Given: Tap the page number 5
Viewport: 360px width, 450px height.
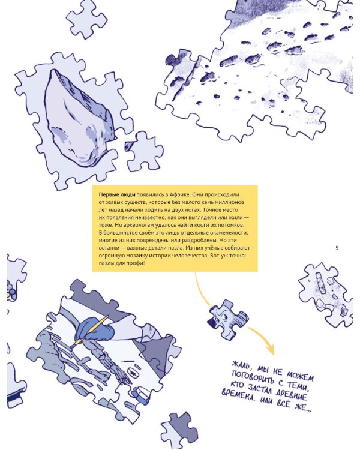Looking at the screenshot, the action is pyautogui.click(x=337, y=248).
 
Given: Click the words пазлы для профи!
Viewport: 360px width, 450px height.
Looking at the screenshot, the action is pyautogui.click(x=122, y=263).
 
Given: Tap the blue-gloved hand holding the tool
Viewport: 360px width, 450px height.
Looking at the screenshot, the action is pyautogui.click(x=95, y=329).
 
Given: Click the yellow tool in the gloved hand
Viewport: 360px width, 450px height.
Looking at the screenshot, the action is pyautogui.click(x=91, y=331).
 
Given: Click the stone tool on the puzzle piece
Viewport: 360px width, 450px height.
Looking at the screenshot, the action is pyautogui.click(x=78, y=118).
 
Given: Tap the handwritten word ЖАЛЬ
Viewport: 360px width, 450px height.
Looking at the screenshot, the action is pyautogui.click(x=241, y=365).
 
